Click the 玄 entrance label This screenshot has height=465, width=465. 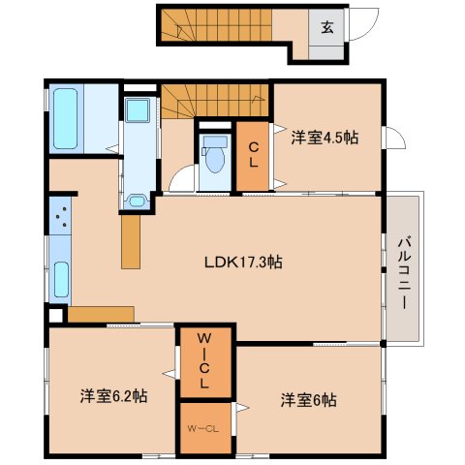coord(327,28)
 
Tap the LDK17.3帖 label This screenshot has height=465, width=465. coord(244,262)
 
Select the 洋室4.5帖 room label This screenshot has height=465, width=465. coord(325,138)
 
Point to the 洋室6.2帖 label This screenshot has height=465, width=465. coord(114,396)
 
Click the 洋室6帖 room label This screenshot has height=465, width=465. coord(309,400)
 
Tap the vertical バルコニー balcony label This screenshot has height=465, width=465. coord(404,274)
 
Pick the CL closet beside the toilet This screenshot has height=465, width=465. coord(253,155)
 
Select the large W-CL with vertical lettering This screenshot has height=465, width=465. coord(204,360)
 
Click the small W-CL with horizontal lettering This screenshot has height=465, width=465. coord(203,429)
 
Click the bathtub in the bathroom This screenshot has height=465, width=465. coord(66,119)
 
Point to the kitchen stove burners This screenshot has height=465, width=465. coord(60,216)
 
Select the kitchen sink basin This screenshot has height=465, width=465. coord(61,279)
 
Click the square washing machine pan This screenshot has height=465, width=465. coord(138,110)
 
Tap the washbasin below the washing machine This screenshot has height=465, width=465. coord(137,201)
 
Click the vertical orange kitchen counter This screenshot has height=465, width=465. coord(131,241)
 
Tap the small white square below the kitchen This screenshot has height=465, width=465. coord(55,316)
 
